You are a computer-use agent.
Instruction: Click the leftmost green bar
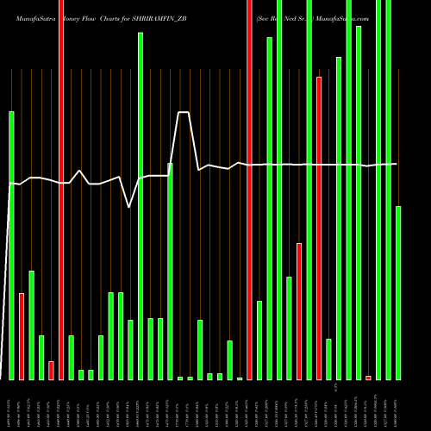[11, 246]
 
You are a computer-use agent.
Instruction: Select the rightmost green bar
[398, 293]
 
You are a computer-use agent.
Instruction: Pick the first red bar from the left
[22, 336]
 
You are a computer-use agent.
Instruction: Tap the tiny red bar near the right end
[368, 378]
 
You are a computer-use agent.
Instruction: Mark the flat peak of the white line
[184, 112]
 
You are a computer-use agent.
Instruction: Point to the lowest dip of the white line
[129, 207]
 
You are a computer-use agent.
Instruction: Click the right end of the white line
[397, 164]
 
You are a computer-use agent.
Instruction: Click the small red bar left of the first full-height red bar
[51, 370]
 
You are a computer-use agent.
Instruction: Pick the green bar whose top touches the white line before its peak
[170, 272]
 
